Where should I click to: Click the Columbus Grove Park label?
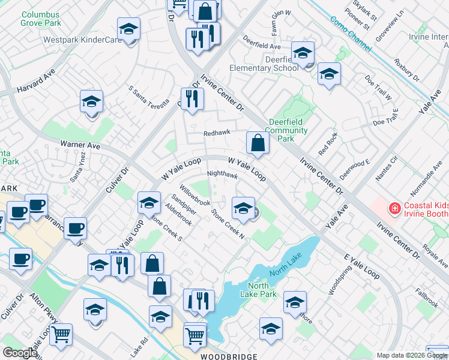40,17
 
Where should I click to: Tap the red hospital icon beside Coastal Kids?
394,209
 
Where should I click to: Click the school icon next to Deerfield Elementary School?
303,53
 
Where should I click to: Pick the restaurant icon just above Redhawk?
191,98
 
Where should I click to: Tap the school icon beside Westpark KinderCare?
128,31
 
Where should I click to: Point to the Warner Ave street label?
80,145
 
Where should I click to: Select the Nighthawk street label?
223,176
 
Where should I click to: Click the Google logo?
19,353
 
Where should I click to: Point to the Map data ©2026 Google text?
411,355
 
